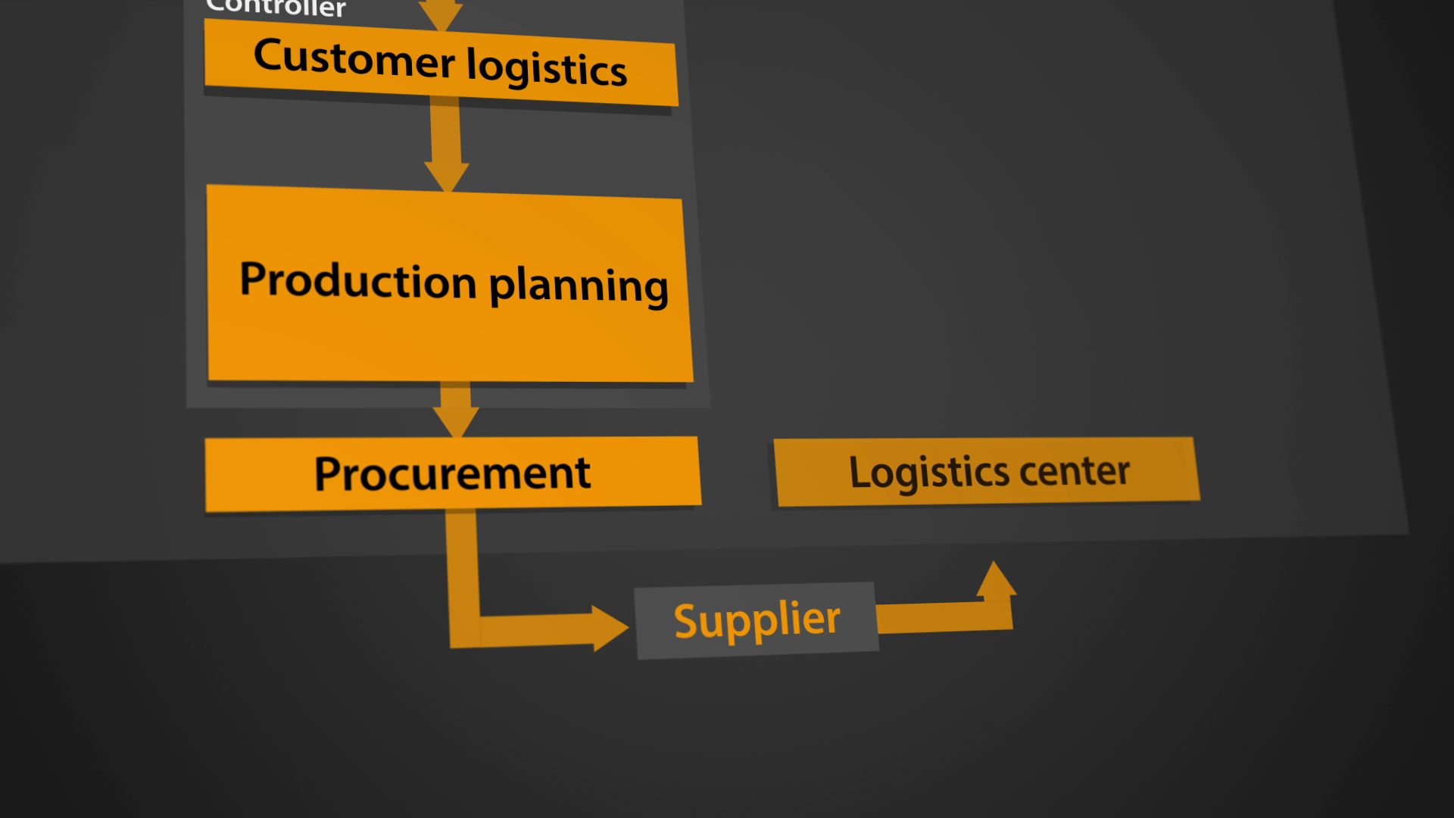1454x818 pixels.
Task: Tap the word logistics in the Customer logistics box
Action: (x=546, y=68)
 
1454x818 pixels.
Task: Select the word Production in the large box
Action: (x=357, y=280)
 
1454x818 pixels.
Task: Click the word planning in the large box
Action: (x=579, y=286)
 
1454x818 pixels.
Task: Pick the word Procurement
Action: (x=452, y=474)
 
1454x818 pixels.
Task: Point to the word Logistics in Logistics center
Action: (x=928, y=473)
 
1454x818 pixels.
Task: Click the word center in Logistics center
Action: (x=1075, y=471)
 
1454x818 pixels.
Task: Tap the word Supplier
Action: (x=757, y=620)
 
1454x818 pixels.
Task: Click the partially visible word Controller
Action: (x=276, y=8)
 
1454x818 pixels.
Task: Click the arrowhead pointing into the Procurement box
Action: (x=456, y=420)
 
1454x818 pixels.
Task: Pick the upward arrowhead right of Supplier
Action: (x=996, y=581)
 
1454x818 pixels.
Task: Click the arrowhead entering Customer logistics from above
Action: (x=441, y=15)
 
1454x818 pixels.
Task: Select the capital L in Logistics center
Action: (x=860, y=473)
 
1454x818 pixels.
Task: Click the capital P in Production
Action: (x=254, y=278)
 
